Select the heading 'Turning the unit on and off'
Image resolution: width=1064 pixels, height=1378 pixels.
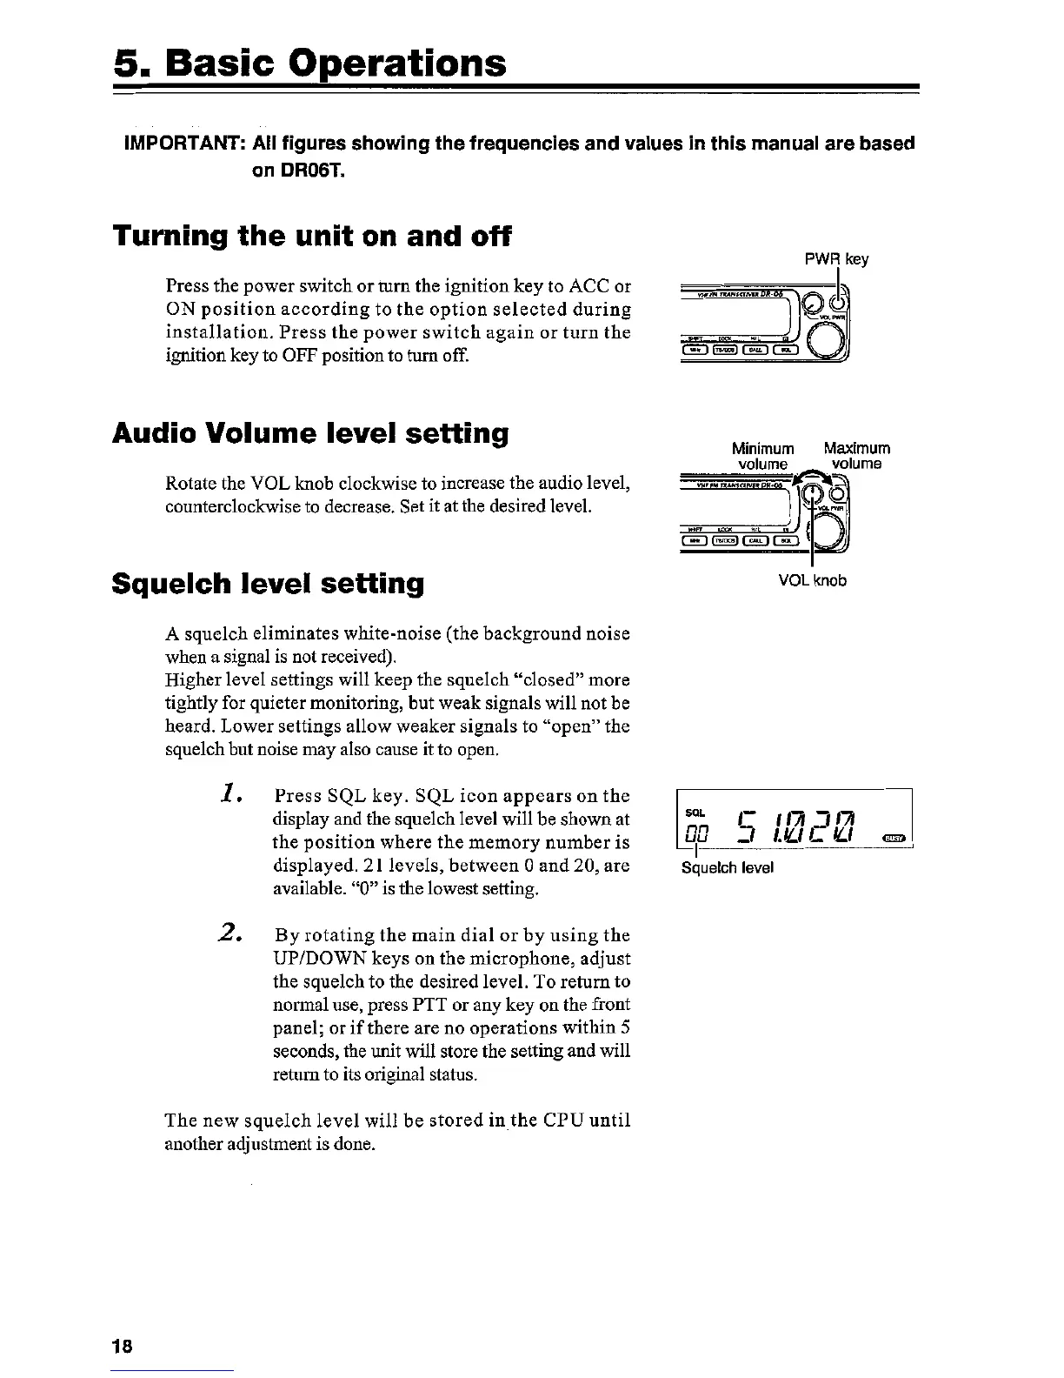pyautogui.click(x=312, y=237)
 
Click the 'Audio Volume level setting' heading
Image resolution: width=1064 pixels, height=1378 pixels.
pyautogui.click(x=310, y=433)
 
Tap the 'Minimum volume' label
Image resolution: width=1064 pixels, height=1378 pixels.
pyautogui.click(x=763, y=457)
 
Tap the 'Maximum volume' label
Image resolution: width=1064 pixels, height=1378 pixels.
pyautogui.click(x=856, y=457)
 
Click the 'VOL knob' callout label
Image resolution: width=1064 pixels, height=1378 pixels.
pyautogui.click(x=813, y=580)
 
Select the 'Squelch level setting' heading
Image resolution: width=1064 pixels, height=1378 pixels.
pyautogui.click(x=269, y=583)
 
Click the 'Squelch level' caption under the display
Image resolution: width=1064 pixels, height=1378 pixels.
pyautogui.click(x=728, y=867)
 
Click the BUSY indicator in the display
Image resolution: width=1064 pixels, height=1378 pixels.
pyautogui.click(x=892, y=837)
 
